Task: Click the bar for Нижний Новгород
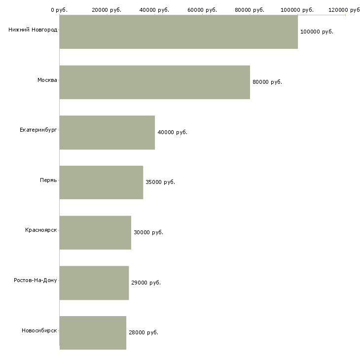tap(179, 32)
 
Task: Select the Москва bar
tap(154, 82)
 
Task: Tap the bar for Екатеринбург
tap(107, 132)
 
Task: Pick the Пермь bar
tap(101, 182)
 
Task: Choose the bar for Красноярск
tap(95, 232)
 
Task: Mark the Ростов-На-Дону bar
tap(94, 283)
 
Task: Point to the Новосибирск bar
tap(93, 332)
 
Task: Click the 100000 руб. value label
tap(317, 32)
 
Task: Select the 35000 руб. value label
tap(160, 182)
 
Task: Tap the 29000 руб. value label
tap(146, 283)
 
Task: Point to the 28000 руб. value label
tap(144, 332)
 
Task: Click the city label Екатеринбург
tap(38, 130)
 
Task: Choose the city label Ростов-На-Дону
tap(36, 280)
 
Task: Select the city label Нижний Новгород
tap(33, 30)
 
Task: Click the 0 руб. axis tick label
tap(59, 10)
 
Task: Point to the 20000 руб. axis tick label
tap(107, 10)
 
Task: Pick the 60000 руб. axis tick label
tap(202, 10)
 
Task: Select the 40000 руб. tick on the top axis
tap(154, 10)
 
